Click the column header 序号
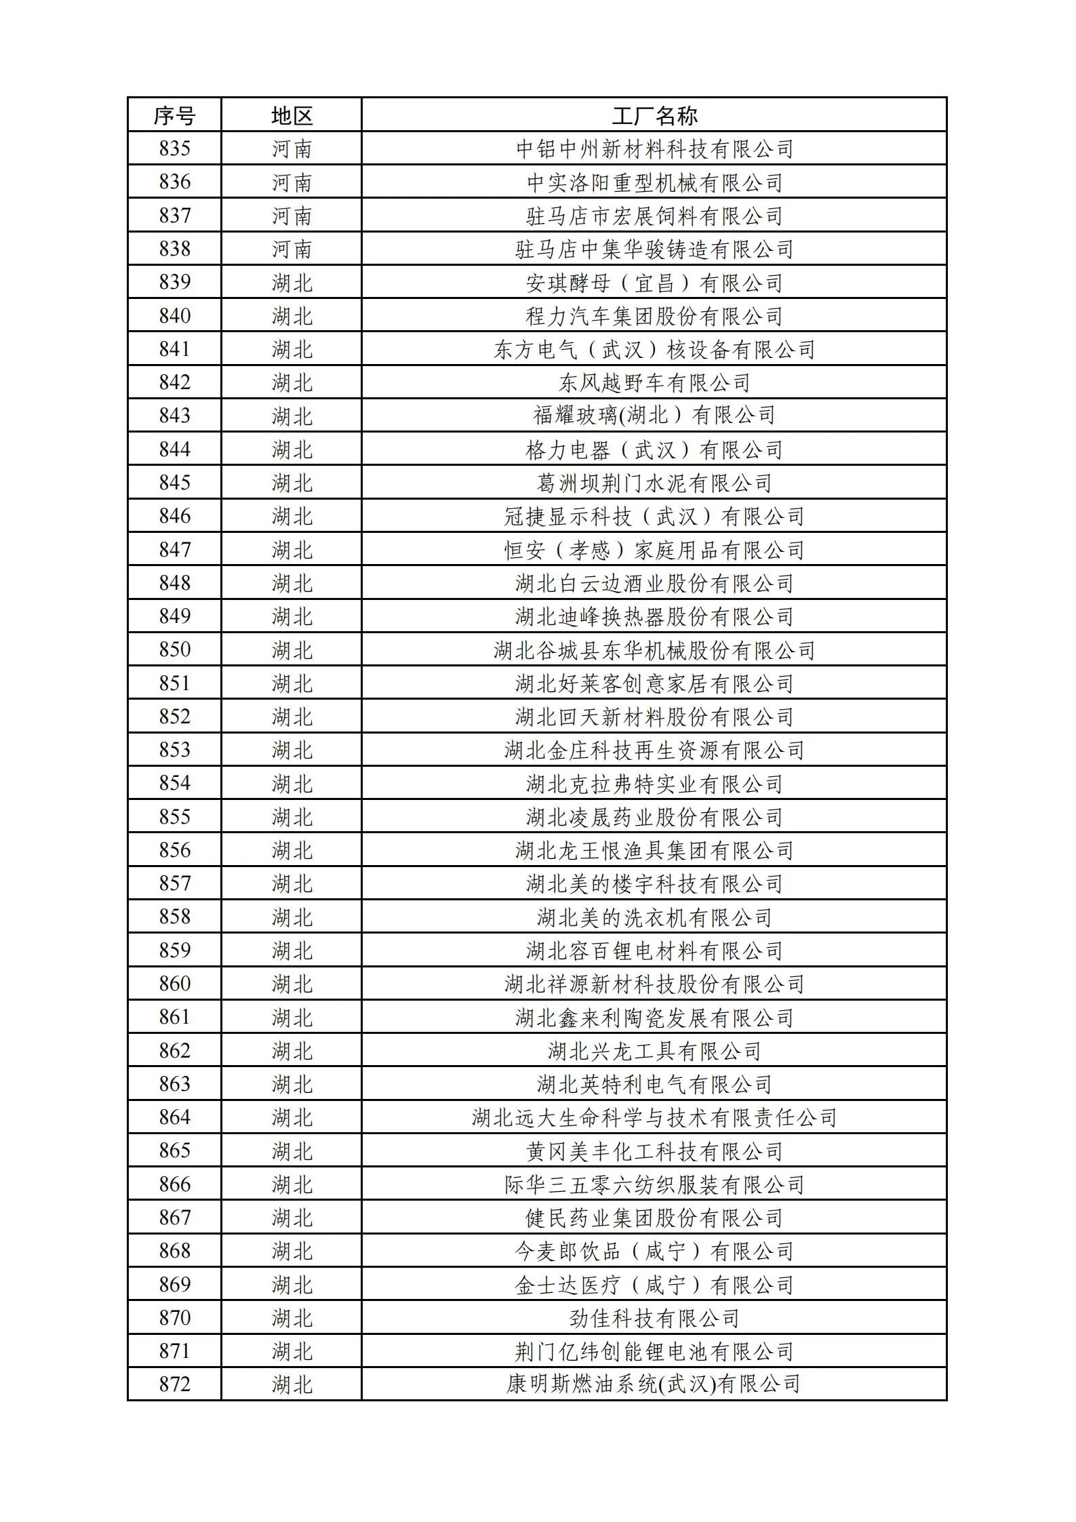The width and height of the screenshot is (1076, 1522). click(174, 116)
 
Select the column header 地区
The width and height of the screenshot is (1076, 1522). click(292, 116)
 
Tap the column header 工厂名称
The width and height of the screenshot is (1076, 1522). click(654, 116)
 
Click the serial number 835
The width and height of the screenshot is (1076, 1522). click(174, 148)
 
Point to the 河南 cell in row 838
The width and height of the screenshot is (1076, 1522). click(292, 249)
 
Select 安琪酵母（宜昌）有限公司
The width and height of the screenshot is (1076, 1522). click(654, 283)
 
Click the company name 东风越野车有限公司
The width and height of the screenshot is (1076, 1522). click(654, 383)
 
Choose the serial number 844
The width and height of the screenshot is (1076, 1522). click(174, 449)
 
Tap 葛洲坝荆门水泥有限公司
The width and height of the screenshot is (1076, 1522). click(654, 483)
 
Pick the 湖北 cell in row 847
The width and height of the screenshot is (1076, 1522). click(292, 550)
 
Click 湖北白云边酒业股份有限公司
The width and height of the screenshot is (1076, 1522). click(654, 583)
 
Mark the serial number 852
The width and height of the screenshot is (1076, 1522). click(174, 717)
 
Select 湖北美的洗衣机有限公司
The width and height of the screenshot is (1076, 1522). click(654, 917)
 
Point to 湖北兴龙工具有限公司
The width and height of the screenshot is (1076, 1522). click(654, 1051)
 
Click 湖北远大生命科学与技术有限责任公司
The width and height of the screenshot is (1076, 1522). click(654, 1117)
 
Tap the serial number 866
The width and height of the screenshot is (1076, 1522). click(174, 1184)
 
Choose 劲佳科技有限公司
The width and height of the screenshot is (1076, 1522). click(654, 1318)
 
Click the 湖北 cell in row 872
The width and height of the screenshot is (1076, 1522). click(292, 1384)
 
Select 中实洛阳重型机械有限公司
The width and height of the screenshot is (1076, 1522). click(654, 182)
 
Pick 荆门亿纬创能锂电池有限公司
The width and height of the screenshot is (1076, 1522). click(654, 1351)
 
